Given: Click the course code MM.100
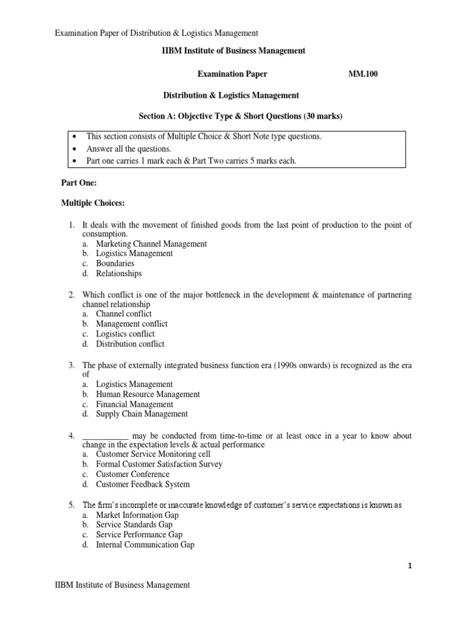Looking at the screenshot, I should tap(364, 74).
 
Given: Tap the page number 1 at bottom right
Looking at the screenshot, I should tap(409, 565).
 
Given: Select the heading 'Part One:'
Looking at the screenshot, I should tap(79, 183).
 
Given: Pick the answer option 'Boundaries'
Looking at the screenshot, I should tap(115, 263).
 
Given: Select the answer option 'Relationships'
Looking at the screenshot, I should tap(119, 274).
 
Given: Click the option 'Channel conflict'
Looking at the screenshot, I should tap(123, 314).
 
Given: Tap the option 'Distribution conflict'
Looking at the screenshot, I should tap(130, 344).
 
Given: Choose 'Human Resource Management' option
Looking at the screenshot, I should tap(148, 394).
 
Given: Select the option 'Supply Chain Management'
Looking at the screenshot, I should tap(142, 414).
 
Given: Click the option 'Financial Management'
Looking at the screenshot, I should tap(134, 404).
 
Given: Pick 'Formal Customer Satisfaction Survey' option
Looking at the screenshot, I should tap(159, 464).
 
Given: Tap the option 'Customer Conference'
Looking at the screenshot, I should tap(133, 474).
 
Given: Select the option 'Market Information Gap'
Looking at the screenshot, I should tap(137, 515).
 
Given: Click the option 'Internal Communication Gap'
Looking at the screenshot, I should tap(145, 545).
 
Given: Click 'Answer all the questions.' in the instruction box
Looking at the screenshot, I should tap(128, 149).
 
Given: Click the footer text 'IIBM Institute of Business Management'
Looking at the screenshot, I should tap(122, 585).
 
